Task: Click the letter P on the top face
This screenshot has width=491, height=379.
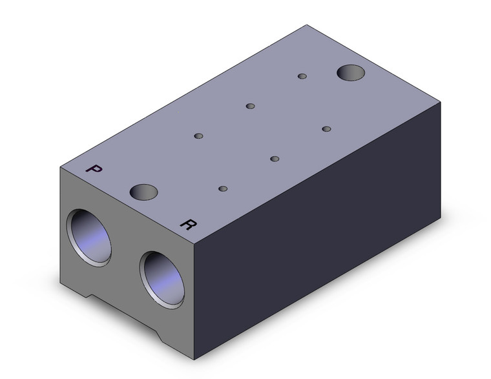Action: click(x=94, y=169)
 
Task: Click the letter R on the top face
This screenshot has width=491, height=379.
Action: click(x=188, y=224)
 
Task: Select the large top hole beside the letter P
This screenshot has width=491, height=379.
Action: click(x=143, y=192)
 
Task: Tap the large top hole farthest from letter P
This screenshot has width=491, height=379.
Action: click(x=351, y=73)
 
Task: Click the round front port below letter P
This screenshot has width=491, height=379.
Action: click(x=89, y=238)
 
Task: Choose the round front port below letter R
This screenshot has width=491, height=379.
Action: click(x=162, y=280)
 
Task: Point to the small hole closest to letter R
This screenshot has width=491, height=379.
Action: click(x=223, y=189)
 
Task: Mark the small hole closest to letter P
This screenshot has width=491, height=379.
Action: click(x=198, y=136)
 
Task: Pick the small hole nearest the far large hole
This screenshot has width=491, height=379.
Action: click(x=302, y=76)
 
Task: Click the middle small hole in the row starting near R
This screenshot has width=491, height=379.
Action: click(x=275, y=159)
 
